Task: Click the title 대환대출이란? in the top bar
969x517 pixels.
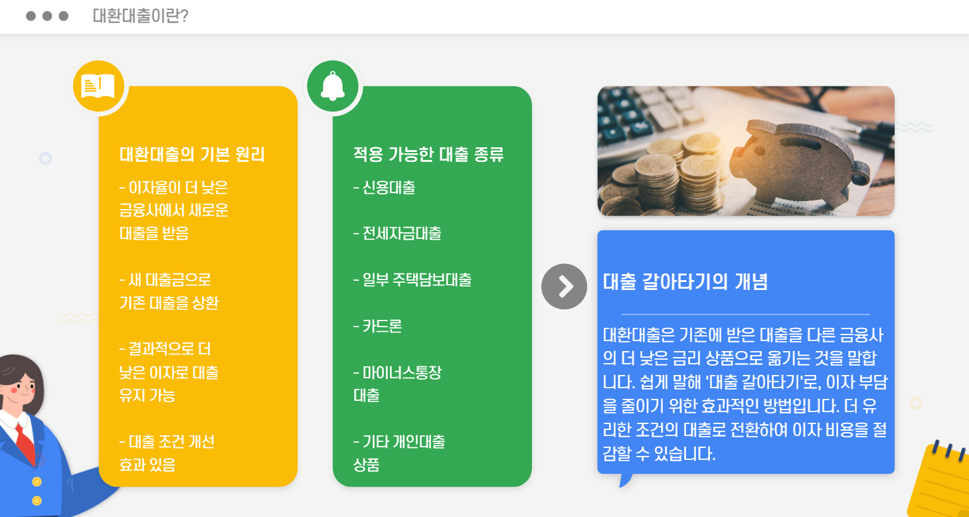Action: tap(140, 16)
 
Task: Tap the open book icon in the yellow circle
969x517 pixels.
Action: tap(98, 86)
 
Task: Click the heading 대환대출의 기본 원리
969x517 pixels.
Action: tap(192, 155)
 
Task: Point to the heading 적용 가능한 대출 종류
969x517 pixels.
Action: tap(428, 155)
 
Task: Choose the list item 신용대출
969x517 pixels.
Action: tap(385, 188)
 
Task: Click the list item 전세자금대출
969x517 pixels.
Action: tap(397, 234)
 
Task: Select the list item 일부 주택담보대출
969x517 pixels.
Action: tap(412, 280)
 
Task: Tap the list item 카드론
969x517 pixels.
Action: tap(378, 327)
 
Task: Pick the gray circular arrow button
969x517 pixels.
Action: tap(564, 287)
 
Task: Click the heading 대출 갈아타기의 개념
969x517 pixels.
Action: tap(685, 282)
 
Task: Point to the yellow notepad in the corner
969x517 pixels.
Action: tap(940, 481)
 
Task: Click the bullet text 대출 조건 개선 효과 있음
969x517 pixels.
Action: tap(167, 453)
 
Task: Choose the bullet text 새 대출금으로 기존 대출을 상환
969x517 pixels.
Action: tap(169, 291)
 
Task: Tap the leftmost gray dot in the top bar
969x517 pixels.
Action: tap(31, 16)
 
